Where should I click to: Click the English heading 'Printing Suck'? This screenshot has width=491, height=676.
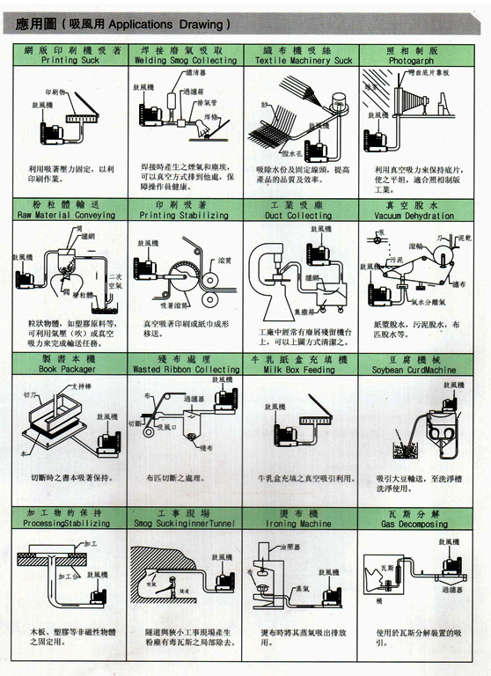(x=71, y=61)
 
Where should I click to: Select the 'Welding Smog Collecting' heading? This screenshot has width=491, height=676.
(x=186, y=61)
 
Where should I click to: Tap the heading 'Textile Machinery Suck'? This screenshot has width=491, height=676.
(x=304, y=61)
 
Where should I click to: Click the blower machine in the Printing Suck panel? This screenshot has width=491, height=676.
(x=56, y=131)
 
